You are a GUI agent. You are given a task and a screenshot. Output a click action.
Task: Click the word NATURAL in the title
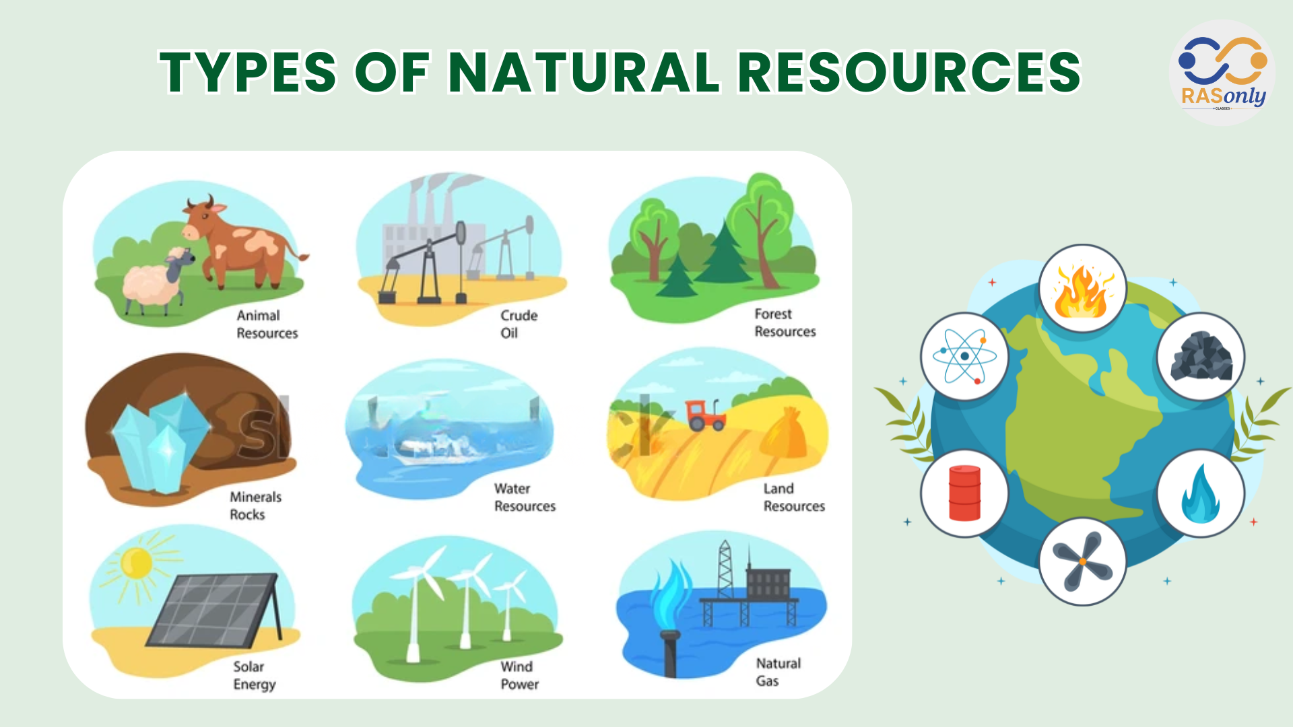tap(584, 72)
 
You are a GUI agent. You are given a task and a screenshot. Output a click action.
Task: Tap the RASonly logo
tap(1222, 73)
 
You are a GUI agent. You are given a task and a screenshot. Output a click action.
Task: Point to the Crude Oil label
tap(519, 324)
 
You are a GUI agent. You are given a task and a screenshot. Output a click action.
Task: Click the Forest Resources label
tap(785, 322)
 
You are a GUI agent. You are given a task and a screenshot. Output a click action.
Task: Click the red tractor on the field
tap(705, 415)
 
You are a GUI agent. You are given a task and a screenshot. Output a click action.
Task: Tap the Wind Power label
tap(519, 675)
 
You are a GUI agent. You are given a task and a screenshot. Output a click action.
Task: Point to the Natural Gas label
tap(778, 672)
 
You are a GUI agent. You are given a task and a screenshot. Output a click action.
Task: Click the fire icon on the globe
tap(1082, 289)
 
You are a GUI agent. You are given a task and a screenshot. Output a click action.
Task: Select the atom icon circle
tap(964, 356)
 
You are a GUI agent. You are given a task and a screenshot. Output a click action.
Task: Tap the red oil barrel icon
tap(964, 493)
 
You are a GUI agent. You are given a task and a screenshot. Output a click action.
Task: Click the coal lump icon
tap(1201, 356)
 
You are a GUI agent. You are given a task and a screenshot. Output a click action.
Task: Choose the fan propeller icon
tap(1082, 561)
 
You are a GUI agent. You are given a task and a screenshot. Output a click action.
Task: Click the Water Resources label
tap(525, 497)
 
